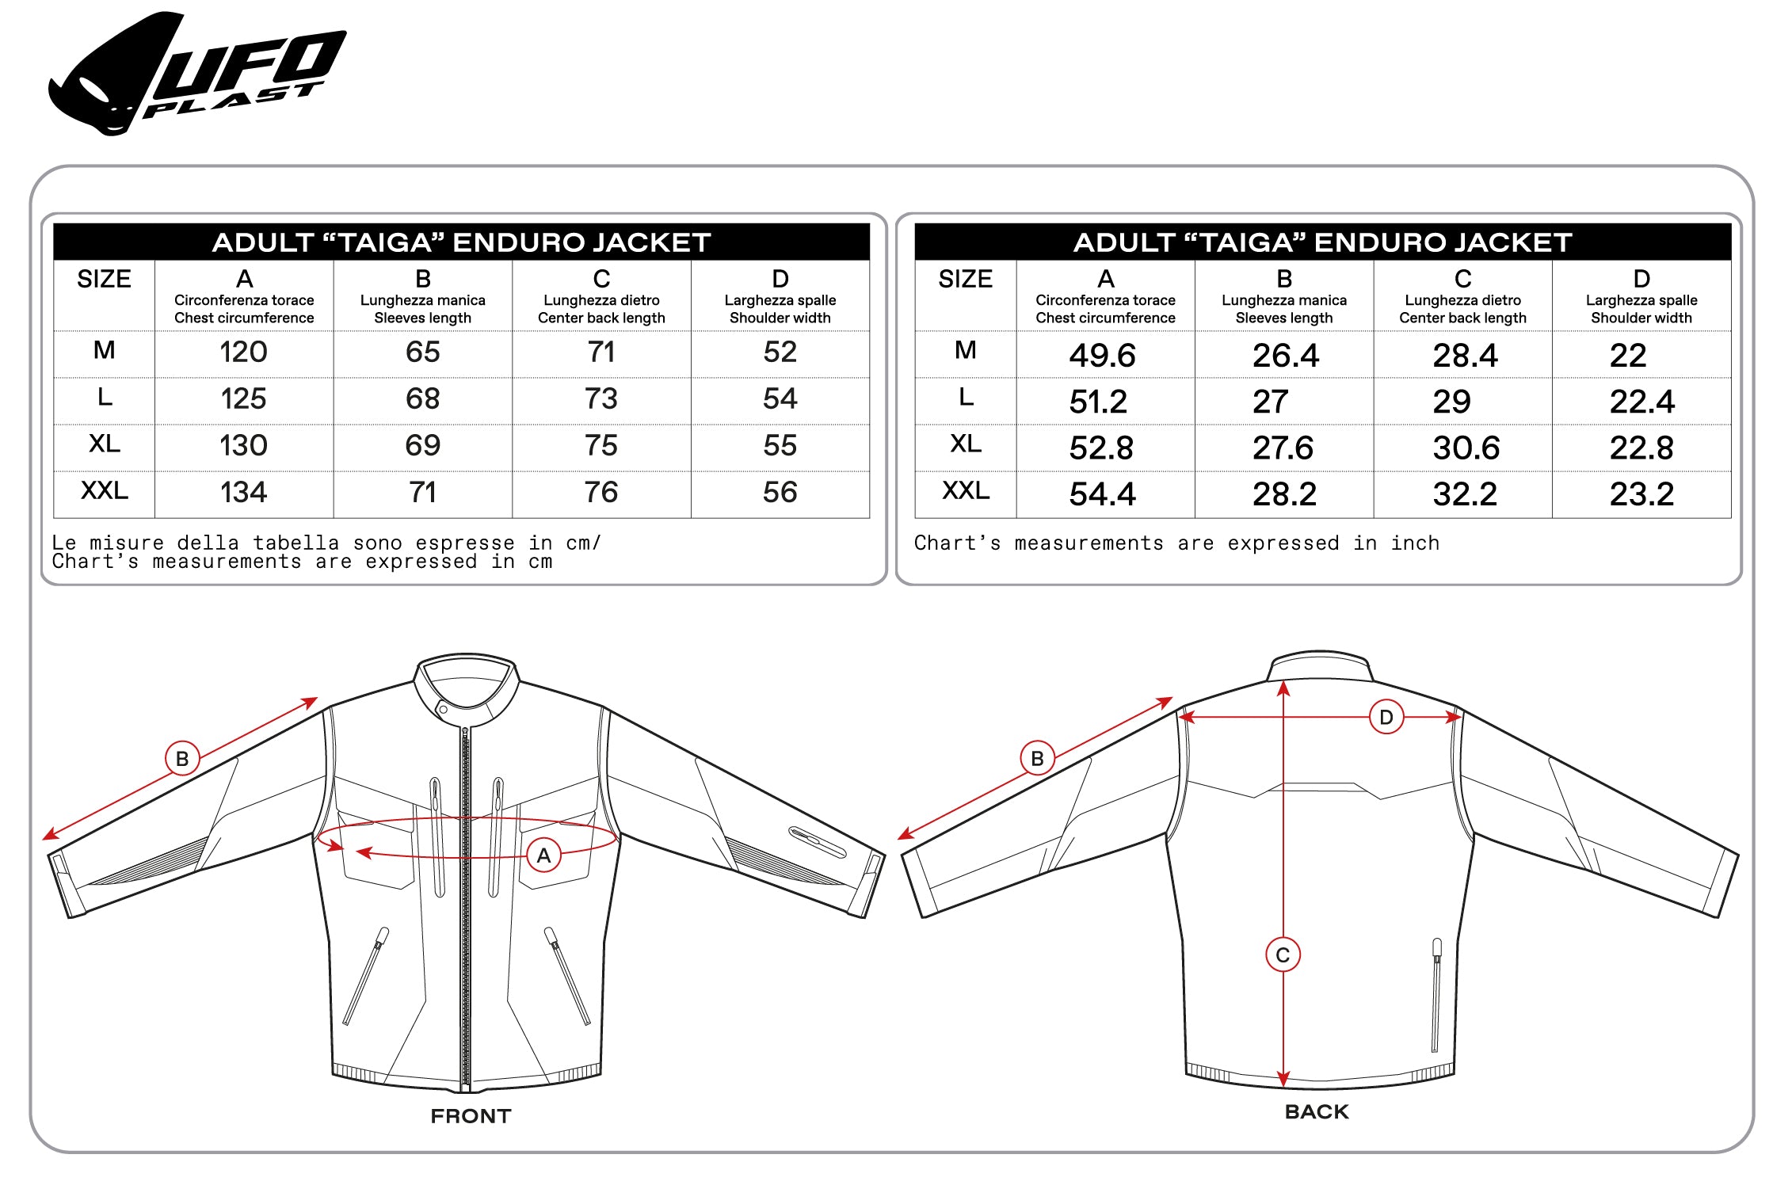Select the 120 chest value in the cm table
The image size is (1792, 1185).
coord(243,352)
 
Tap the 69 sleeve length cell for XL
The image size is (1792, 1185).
coord(422,445)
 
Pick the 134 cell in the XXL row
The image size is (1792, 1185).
coord(243,492)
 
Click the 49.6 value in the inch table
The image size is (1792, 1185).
coord(1102,356)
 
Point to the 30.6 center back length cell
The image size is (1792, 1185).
coord(1466,448)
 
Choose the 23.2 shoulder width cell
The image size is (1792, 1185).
coord(1641,494)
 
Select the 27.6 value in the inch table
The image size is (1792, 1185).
coord(1283,448)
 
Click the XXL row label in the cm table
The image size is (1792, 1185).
coord(104,490)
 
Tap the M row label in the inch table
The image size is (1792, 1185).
coord(965,350)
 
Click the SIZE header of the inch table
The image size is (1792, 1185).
coord(965,279)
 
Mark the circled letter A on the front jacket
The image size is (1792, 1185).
coord(543,855)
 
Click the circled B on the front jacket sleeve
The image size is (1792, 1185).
coord(182,759)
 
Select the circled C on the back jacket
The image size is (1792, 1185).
coord(1283,955)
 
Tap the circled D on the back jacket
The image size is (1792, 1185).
coord(1386,718)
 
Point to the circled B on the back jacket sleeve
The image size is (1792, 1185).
coord(1037,759)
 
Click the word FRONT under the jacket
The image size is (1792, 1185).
coord(471,1116)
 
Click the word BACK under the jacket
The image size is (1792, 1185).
coord(1316,1112)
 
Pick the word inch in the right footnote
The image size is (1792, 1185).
coord(1415,543)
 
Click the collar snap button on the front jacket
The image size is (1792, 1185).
coord(444,710)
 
